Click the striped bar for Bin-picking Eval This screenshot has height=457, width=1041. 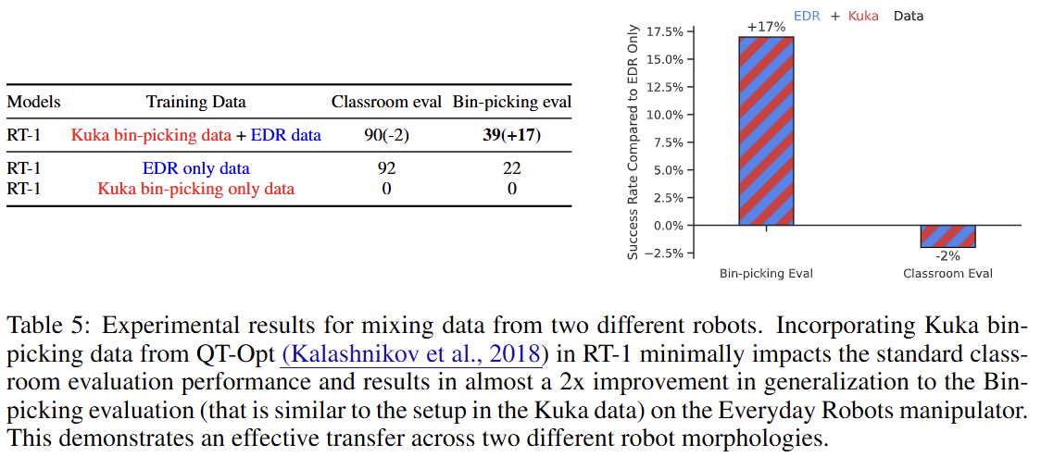[766, 130]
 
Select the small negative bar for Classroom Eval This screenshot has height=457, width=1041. [947, 236]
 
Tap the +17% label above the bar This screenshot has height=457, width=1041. [766, 28]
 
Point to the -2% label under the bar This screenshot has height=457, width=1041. [947, 255]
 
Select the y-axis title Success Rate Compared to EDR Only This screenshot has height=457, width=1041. [633, 142]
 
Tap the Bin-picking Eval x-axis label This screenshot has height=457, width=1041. [766, 274]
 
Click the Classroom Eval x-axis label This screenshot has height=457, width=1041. [947, 274]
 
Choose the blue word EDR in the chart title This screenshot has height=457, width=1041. [808, 16]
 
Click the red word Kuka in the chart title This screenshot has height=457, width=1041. [862, 16]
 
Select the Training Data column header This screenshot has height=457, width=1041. [196, 102]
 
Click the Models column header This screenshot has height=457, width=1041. [34, 102]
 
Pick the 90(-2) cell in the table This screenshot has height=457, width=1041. [386, 135]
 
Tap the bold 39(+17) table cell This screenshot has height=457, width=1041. [511, 135]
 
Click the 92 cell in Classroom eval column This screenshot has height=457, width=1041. [386, 168]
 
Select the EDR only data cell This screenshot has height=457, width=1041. [195, 168]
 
